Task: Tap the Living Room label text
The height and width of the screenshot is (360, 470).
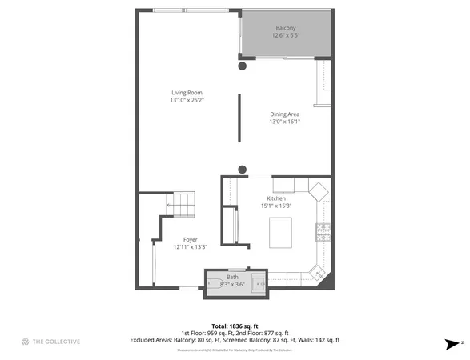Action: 186,92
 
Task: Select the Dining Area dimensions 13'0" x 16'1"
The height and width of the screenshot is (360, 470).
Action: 284,122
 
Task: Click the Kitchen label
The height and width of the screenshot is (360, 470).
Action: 276,198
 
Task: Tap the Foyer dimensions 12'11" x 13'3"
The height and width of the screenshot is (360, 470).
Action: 190,247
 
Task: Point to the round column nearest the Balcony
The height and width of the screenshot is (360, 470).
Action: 243,66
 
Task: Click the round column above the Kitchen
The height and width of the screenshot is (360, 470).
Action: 243,169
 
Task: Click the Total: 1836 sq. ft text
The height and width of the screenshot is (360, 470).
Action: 235,325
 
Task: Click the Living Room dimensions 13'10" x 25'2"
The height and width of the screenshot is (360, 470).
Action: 187,100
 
